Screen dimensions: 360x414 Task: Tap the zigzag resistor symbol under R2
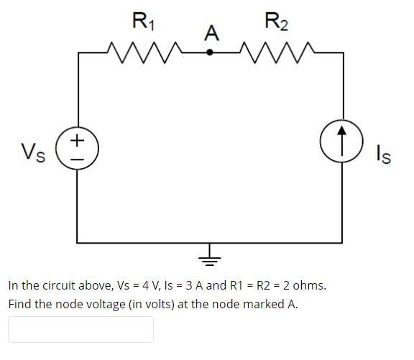(275, 52)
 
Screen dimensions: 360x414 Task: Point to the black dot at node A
(210, 52)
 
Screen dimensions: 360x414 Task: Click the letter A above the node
(211, 33)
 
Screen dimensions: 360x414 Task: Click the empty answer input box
(80, 329)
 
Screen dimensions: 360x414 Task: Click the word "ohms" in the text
(310, 285)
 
